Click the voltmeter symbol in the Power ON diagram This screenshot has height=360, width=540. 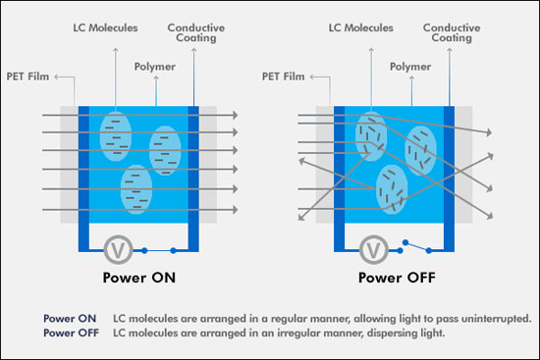(x=118, y=250)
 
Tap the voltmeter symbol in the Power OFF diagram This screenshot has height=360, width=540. (x=374, y=250)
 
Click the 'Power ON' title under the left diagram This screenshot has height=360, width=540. (x=139, y=278)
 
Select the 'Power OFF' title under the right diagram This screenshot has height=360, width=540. (x=397, y=278)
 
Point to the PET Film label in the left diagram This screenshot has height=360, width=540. (x=27, y=77)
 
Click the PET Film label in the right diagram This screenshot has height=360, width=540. (x=284, y=77)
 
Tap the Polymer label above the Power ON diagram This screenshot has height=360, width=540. (x=155, y=67)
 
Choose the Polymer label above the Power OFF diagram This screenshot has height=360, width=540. (x=410, y=67)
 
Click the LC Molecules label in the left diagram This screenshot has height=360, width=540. (x=105, y=27)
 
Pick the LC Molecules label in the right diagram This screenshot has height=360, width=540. (x=361, y=27)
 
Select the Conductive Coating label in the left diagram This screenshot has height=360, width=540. (x=196, y=33)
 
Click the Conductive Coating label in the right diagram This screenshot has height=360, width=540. (x=452, y=33)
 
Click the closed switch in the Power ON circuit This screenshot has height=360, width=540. (x=159, y=250)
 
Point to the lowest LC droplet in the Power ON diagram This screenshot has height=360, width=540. (x=136, y=189)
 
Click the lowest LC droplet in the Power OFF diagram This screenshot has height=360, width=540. (x=392, y=189)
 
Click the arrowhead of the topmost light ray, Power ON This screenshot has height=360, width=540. (x=236, y=115)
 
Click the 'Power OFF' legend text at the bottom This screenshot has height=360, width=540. (x=71, y=334)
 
